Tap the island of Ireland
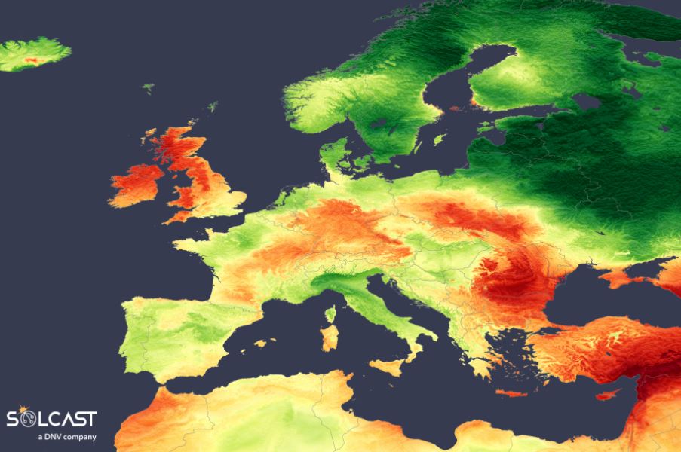click(x=137, y=185)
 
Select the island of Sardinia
click(x=330, y=337)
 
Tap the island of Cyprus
click(x=608, y=394)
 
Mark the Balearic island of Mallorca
click(x=262, y=344)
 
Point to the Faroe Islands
click(x=148, y=88)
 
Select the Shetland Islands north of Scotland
click(x=213, y=106)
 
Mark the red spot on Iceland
click(x=32, y=58)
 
